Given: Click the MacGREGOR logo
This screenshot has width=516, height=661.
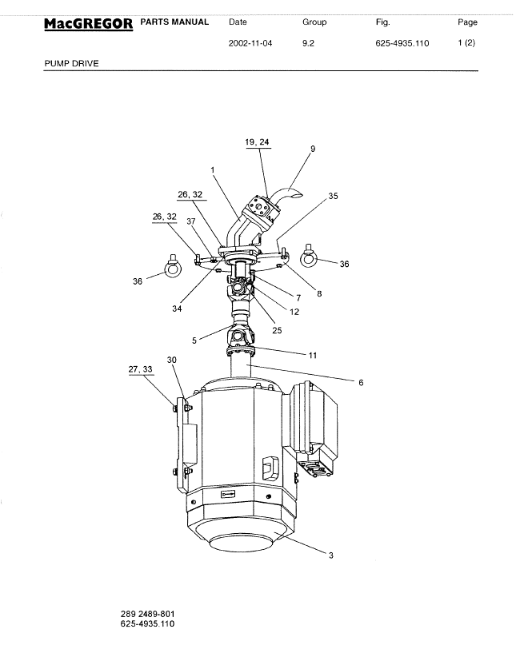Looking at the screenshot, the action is [x=89, y=24].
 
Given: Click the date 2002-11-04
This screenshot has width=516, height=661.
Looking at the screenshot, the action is [x=250, y=43].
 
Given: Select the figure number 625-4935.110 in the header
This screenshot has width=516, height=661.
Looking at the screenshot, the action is [x=402, y=43].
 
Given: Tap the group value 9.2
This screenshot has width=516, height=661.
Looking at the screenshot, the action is [x=308, y=43].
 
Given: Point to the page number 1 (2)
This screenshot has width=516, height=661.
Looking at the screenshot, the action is [x=466, y=43].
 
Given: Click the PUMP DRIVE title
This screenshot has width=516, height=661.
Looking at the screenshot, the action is [x=71, y=64].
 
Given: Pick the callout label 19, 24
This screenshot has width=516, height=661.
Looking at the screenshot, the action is [x=257, y=142].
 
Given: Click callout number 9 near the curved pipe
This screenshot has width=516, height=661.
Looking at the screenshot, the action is [x=313, y=149].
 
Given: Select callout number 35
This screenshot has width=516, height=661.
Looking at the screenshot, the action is [x=334, y=196].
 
